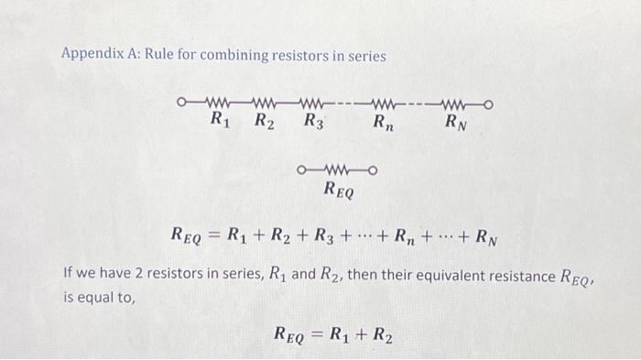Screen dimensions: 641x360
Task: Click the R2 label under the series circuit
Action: click(x=264, y=119)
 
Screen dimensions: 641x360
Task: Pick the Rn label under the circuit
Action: click(x=385, y=120)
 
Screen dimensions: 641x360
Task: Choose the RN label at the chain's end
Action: click(x=456, y=120)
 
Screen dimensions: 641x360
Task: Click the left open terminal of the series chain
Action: click(x=182, y=103)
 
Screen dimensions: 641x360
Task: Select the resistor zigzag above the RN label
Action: click(x=456, y=103)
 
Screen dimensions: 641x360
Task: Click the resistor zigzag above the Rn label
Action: click(x=383, y=103)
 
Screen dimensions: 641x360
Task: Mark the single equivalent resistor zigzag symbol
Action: click(x=338, y=170)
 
